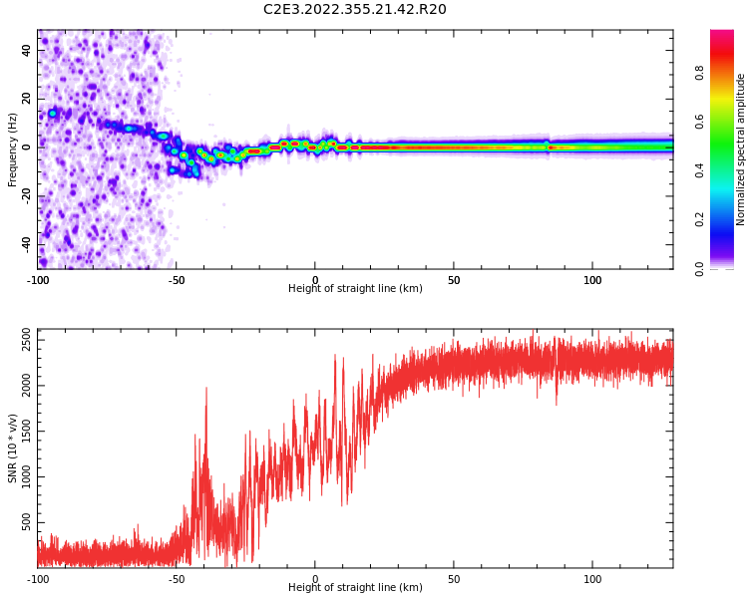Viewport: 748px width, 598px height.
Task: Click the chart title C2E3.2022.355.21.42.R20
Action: [x=355, y=10]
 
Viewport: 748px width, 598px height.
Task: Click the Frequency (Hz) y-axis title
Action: [x=13, y=149]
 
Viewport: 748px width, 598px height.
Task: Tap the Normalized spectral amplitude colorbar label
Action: [x=741, y=149]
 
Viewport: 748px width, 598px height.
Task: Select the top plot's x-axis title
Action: [x=355, y=289]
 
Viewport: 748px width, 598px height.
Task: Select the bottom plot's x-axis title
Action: [x=355, y=588]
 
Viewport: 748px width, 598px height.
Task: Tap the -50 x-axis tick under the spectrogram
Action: [x=176, y=280]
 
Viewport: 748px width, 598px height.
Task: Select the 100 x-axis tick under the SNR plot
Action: [x=592, y=579]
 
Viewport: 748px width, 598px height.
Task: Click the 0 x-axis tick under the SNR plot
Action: [x=315, y=579]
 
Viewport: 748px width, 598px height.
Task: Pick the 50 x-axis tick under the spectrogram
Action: [x=454, y=280]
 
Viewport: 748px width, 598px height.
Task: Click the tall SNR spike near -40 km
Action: [x=206, y=391]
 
